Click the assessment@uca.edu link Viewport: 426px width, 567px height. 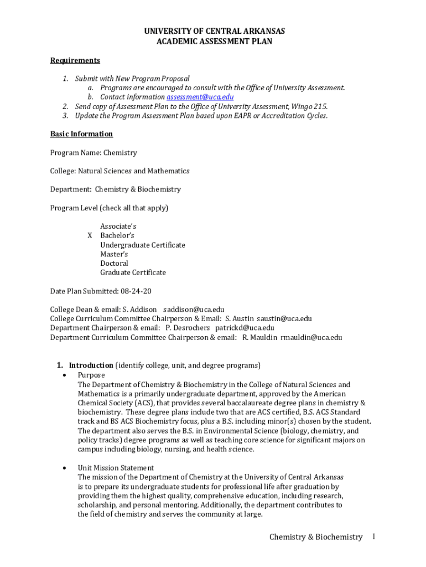(x=196, y=97)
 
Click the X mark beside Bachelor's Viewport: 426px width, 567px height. (x=90, y=235)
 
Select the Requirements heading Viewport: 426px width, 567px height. (x=75, y=60)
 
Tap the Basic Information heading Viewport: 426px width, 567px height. (x=81, y=134)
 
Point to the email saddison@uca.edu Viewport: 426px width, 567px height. (x=193, y=310)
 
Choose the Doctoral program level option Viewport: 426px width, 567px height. (x=114, y=264)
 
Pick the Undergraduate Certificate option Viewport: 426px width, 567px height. (x=143, y=245)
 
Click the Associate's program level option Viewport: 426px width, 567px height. (x=118, y=226)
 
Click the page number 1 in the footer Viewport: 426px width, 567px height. (x=374, y=537)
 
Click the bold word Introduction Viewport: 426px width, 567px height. (x=91, y=365)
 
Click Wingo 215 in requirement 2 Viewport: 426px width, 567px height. (x=309, y=106)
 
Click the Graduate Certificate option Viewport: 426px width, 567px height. (x=133, y=272)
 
